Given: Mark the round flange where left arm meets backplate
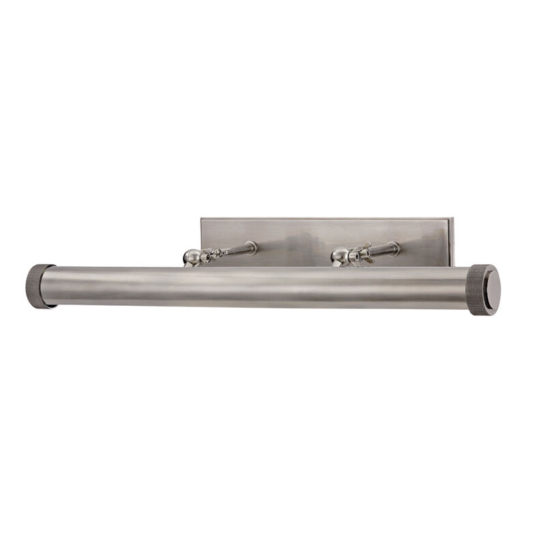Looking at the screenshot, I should point(253,246).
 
